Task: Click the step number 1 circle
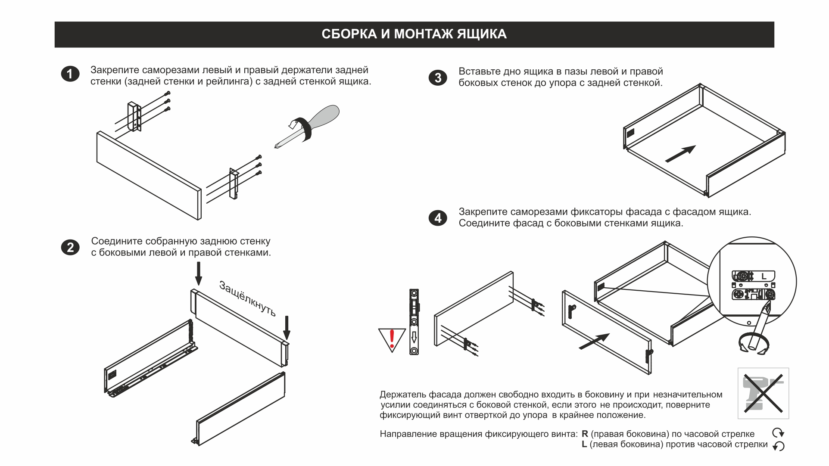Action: coord(70,74)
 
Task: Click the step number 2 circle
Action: coord(70,248)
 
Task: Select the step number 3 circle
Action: coord(438,78)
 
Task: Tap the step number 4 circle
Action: coord(438,218)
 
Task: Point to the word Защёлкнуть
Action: coord(247,298)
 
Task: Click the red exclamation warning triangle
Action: coord(392,339)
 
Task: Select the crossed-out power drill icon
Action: coord(763,393)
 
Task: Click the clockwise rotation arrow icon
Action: coord(778,433)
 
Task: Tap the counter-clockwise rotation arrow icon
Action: coord(778,446)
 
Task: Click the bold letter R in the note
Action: coord(585,434)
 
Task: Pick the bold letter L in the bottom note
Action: coord(584,444)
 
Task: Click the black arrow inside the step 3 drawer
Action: coord(680,154)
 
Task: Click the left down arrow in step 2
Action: coord(198,273)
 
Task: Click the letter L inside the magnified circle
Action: coord(764,276)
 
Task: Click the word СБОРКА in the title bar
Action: coord(349,34)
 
